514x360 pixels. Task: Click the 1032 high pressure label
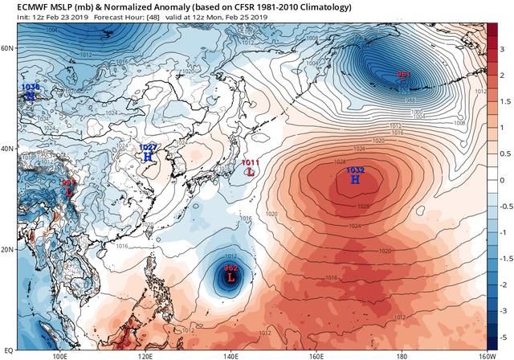(x=355, y=170)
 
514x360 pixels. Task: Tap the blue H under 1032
(x=355, y=180)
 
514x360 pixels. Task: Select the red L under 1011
(x=251, y=172)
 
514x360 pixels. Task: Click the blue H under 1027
(x=148, y=157)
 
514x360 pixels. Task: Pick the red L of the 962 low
(x=231, y=278)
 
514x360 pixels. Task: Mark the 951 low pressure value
(x=403, y=75)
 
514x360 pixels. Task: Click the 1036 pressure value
(x=31, y=87)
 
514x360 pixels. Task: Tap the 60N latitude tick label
(x=8, y=48)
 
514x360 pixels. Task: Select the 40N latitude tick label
(x=8, y=149)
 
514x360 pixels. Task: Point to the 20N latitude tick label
(x=8, y=249)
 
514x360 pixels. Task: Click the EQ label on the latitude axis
(x=9, y=350)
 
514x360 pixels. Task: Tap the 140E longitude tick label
(x=230, y=355)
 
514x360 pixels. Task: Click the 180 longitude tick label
(x=401, y=355)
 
